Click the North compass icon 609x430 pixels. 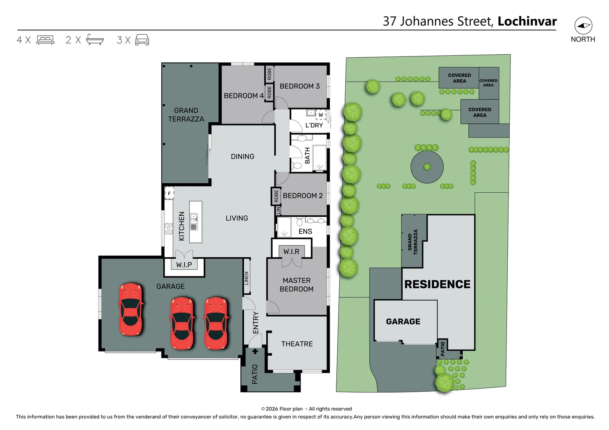583,26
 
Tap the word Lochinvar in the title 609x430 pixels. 527,21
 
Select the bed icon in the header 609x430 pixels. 45,40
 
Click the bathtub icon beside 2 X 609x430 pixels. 95,40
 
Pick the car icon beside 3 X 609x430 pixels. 142,40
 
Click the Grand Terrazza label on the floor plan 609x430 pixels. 186,115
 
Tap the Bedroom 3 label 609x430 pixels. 299,86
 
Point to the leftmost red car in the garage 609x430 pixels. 130,309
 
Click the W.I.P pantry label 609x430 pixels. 184,264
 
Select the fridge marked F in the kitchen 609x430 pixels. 169,193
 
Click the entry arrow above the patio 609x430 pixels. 255,351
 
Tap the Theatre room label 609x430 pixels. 297,344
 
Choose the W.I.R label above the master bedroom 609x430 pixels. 291,252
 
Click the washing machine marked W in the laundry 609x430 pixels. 320,115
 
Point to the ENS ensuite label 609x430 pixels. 305,231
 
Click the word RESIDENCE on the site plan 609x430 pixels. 437,284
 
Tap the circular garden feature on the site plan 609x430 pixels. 427,167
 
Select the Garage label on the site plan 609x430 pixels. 403,321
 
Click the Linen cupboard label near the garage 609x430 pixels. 247,278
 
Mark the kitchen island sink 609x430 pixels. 194,222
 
